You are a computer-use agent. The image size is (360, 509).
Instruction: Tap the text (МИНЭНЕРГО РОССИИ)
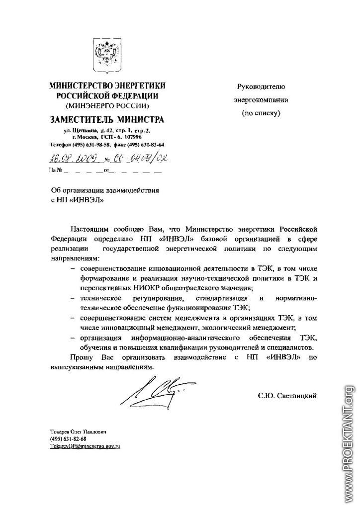[107, 105]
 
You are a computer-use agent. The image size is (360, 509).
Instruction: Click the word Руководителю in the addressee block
[262, 86]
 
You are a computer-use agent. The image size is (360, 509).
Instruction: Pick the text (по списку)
[262, 113]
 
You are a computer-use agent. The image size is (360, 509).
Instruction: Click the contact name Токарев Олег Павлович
[79, 431]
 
